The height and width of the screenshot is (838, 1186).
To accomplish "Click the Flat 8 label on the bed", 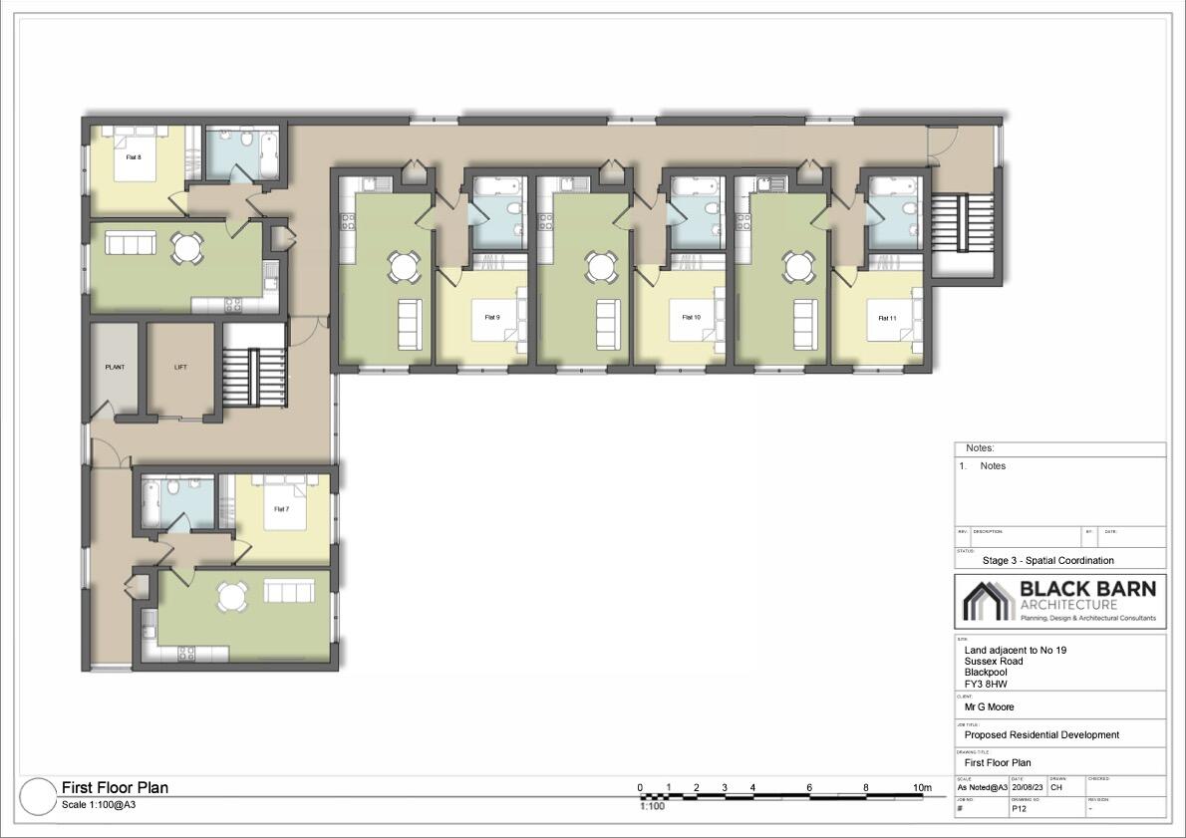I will pyautogui.click(x=134, y=156).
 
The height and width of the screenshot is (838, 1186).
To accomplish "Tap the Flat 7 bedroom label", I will pyautogui.click(x=281, y=509).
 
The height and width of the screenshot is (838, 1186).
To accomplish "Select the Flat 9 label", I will pyautogui.click(x=492, y=317).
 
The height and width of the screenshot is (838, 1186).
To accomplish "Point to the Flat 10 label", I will pyautogui.click(x=691, y=317).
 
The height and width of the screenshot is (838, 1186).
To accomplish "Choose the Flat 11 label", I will pyautogui.click(x=887, y=318).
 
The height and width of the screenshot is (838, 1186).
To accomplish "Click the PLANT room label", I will pyautogui.click(x=115, y=367).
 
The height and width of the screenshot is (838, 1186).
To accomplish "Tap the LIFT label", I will pyautogui.click(x=180, y=367).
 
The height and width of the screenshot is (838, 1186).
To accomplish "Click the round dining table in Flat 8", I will pyautogui.click(x=186, y=247).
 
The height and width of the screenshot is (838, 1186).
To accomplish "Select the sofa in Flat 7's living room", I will pyautogui.click(x=288, y=592).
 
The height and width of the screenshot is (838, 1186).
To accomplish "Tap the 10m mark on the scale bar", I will pyautogui.click(x=923, y=788).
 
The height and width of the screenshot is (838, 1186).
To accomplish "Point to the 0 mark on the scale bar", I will pyautogui.click(x=640, y=788).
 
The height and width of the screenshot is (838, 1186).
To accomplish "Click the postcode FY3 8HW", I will pyautogui.click(x=986, y=684).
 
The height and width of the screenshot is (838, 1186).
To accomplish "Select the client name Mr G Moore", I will pyautogui.click(x=990, y=707).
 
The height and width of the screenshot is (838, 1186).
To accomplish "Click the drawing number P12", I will pyautogui.click(x=1019, y=808).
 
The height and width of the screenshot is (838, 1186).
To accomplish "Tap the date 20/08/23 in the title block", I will pyautogui.click(x=1028, y=787).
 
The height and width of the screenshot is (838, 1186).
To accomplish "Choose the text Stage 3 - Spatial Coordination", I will pyautogui.click(x=1047, y=560).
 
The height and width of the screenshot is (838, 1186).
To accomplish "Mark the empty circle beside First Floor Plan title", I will pyautogui.click(x=37, y=795).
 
